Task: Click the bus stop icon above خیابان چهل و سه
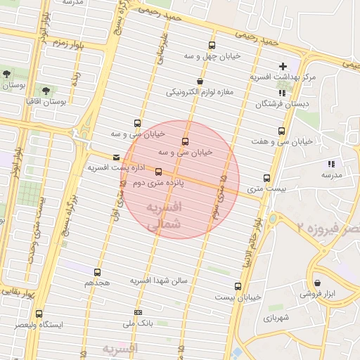(212, 46)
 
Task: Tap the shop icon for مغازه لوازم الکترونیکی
(200, 82)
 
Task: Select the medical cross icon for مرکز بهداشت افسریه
(283, 66)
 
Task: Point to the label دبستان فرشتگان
(283, 103)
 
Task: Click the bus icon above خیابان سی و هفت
(282, 131)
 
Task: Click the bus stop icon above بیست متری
(266, 178)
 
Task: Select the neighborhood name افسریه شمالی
(166, 216)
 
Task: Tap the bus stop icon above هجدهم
(97, 272)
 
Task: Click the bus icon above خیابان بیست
(238, 286)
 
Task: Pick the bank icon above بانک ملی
(138, 312)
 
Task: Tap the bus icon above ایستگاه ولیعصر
(38, 314)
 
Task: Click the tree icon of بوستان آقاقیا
(46, 91)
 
